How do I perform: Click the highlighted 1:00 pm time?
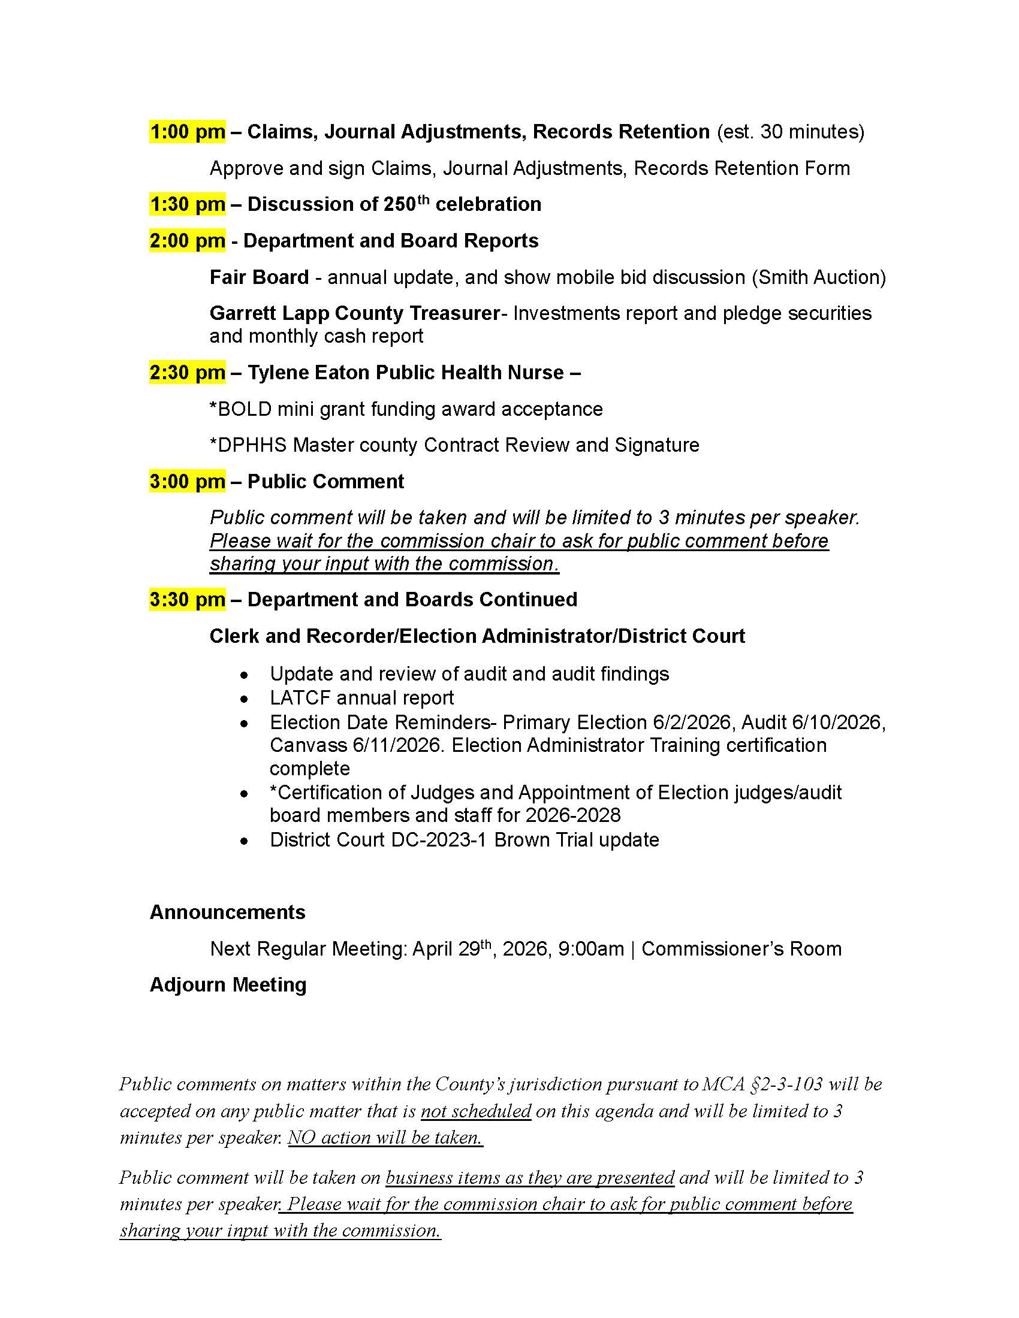point(187,132)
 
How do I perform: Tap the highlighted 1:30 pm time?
point(187,204)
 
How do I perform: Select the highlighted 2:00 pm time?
point(187,241)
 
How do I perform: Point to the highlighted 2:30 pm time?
point(187,373)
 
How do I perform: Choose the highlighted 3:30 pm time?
point(187,600)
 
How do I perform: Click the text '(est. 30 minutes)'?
point(790,132)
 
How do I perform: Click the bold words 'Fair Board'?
point(259,277)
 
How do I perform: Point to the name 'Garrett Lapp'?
point(269,313)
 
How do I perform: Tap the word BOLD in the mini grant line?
point(245,409)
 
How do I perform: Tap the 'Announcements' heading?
point(228,912)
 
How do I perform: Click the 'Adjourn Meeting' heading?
point(228,985)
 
